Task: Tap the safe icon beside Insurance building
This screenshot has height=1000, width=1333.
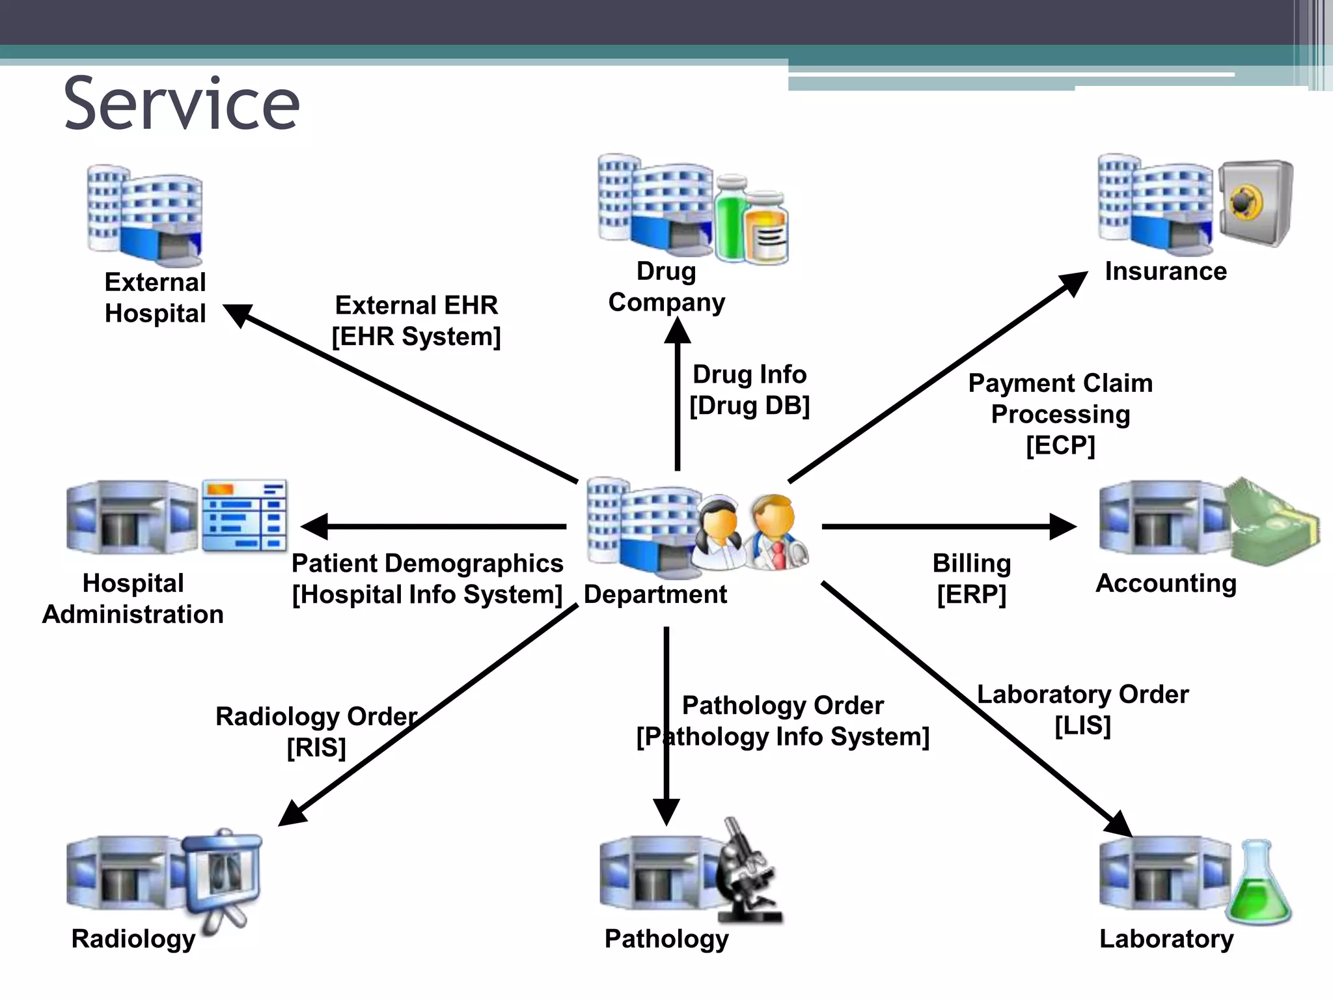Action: pyautogui.click(x=1255, y=202)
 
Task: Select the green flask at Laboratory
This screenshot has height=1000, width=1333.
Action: pyautogui.click(x=1259, y=885)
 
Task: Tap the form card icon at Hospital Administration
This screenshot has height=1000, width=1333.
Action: pyautogui.click(x=244, y=516)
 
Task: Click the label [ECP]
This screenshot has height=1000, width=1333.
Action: pyautogui.click(x=1060, y=446)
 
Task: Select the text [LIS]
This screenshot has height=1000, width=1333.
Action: pyautogui.click(x=1082, y=726)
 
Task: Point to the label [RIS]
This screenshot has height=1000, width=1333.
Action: pyautogui.click(x=316, y=747)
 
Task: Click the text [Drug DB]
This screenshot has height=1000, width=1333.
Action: pyautogui.click(x=749, y=406)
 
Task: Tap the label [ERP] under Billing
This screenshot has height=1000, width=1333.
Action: pyautogui.click(x=971, y=594)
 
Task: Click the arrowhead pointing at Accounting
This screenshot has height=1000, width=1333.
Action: pyautogui.click(x=1062, y=527)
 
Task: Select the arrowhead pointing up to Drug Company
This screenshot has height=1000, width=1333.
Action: pyautogui.click(x=678, y=331)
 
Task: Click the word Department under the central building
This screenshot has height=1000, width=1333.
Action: pyautogui.click(x=655, y=594)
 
